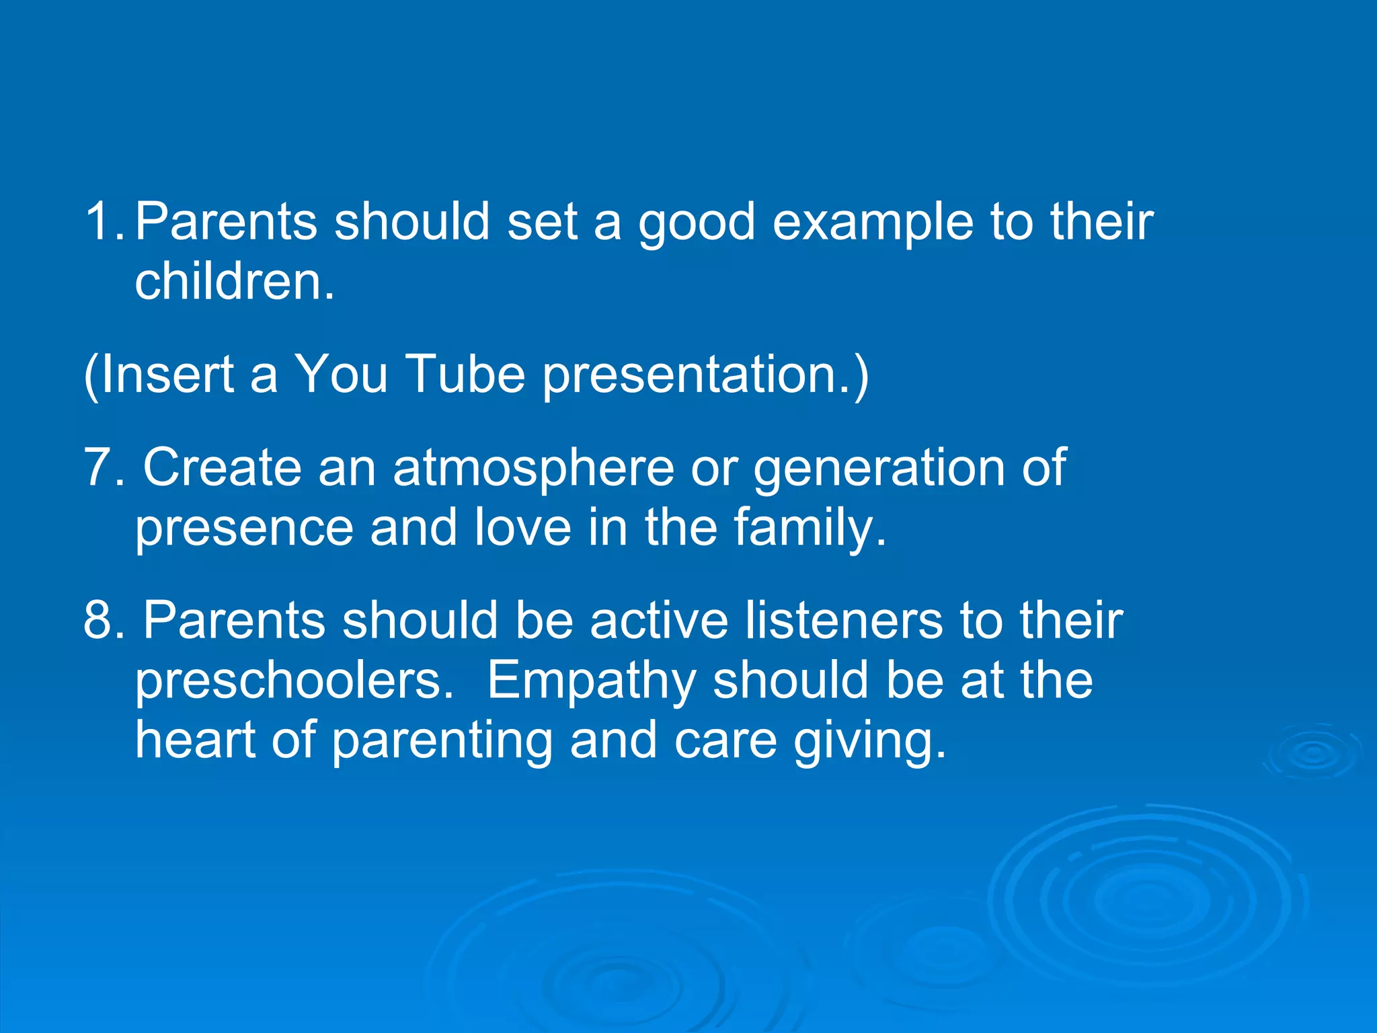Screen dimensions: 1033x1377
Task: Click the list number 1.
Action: pyautogui.click(x=100, y=221)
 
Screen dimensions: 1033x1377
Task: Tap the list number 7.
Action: pyautogui.click(x=100, y=467)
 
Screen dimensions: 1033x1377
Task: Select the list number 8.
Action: pyautogui.click(x=100, y=619)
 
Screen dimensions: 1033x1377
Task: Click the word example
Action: pyautogui.click(x=872, y=223)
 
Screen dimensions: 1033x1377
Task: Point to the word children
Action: pyautogui.click(x=234, y=281)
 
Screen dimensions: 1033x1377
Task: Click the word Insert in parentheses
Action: pyautogui.click(x=165, y=374)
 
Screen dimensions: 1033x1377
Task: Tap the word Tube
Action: pyautogui.click(x=466, y=374)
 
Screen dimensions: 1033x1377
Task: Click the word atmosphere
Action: pyautogui.click(x=533, y=468)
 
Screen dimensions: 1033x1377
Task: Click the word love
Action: pyautogui.click(x=522, y=527)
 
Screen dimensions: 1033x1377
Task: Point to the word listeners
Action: pyautogui.click(x=843, y=619)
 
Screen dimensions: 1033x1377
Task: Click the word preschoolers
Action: pyautogui.click(x=294, y=681)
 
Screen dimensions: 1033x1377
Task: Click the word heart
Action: pyautogui.click(x=195, y=740)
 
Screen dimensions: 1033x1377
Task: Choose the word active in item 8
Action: pyautogui.click(x=659, y=619)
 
